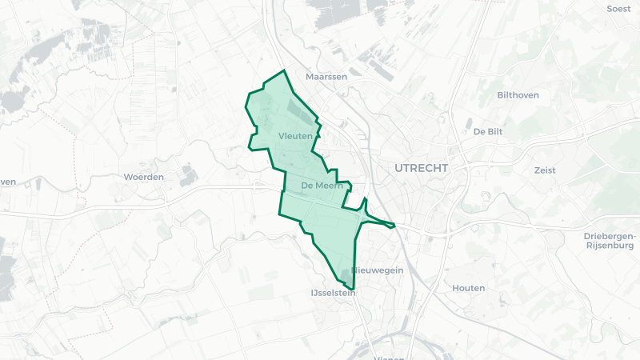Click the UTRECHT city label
(422, 168)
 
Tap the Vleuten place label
(295, 137)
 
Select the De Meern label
(322, 186)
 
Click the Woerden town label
(144, 177)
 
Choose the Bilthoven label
(518, 94)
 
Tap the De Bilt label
(488, 131)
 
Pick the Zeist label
(545, 170)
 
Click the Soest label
(619, 9)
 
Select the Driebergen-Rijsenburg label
(610, 241)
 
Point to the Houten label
(468, 288)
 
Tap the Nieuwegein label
(378, 270)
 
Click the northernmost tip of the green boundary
(283, 71)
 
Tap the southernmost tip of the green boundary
(353, 289)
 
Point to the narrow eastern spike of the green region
(392, 225)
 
